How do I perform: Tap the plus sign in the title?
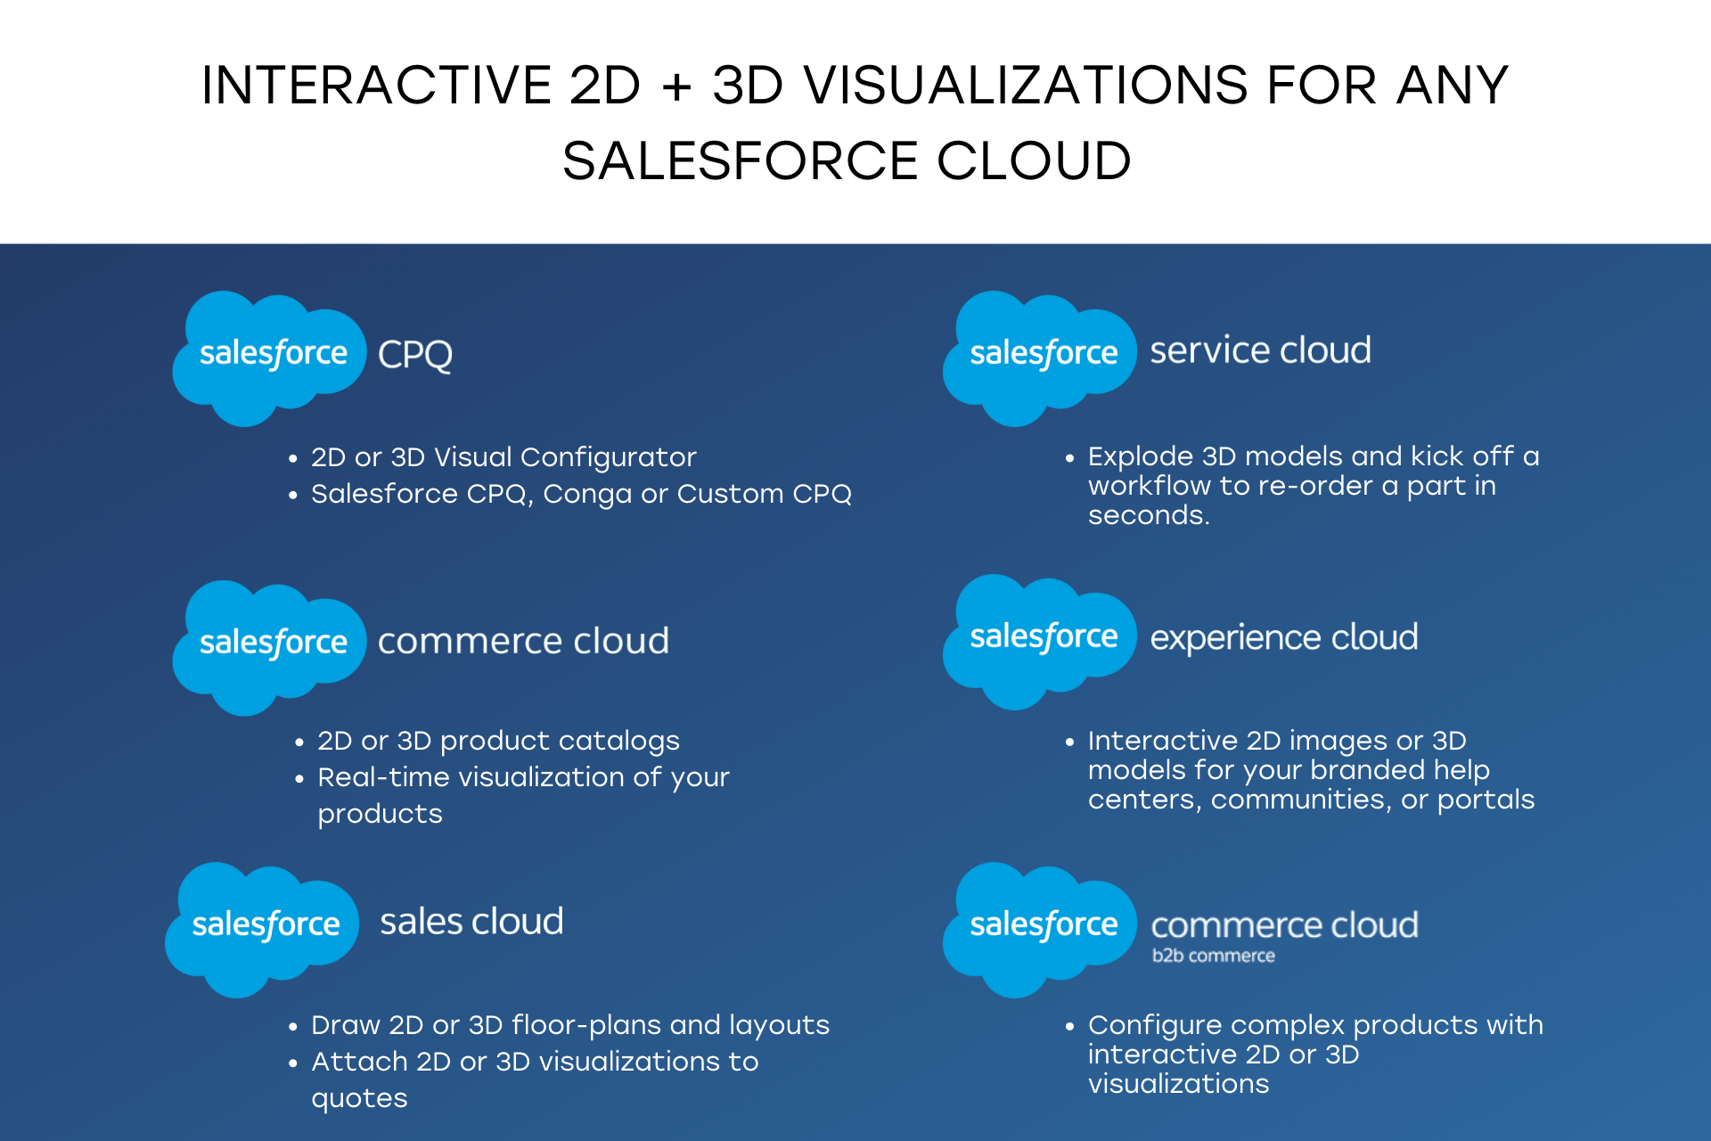[x=676, y=86]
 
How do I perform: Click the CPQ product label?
[x=415, y=355]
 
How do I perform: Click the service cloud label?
[x=1260, y=350]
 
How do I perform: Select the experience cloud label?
[x=1283, y=637]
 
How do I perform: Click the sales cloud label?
[x=471, y=922]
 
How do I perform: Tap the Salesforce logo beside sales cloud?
[x=263, y=927]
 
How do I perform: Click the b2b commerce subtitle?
[x=1213, y=956]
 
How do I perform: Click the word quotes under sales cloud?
[x=359, y=1098]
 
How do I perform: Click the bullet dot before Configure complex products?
[x=1069, y=1027]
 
